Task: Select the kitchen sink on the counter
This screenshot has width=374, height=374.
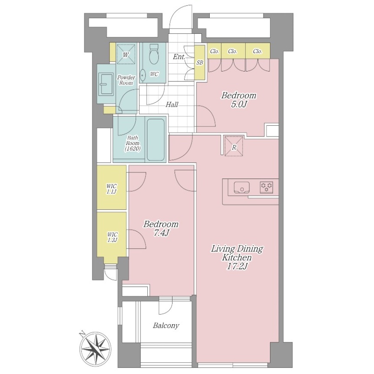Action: coord(242,188)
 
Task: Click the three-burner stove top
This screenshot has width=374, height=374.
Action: coord(267,188)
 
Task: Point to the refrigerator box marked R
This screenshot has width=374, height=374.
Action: coord(234,146)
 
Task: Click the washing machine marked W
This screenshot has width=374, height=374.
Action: coord(126,54)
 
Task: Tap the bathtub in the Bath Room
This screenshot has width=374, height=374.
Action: coord(156,140)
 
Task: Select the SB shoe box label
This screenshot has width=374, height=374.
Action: coord(200,62)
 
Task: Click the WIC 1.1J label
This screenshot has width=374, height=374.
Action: coord(112,189)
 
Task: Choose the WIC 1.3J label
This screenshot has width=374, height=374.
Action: coord(112,237)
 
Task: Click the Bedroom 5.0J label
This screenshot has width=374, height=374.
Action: coord(239,100)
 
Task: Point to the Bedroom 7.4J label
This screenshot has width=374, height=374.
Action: coord(161,228)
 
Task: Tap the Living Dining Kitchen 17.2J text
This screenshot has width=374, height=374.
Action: coord(237,257)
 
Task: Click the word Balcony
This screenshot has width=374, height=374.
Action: coord(166,325)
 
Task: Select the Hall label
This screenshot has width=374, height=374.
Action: coord(172,104)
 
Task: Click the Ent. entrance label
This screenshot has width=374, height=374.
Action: coord(179,57)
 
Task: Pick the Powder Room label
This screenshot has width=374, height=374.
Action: coord(126,80)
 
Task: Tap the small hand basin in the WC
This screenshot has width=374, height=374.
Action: coord(143,75)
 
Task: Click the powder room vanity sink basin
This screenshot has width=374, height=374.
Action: coord(106,84)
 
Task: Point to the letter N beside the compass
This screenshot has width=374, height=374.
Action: coord(82,334)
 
